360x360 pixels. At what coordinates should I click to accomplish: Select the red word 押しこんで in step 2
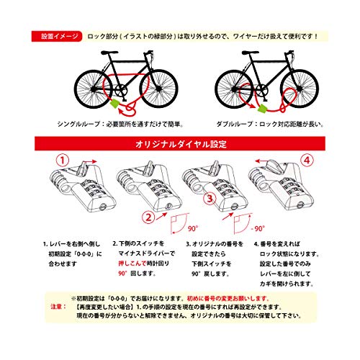coord(132,265)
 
